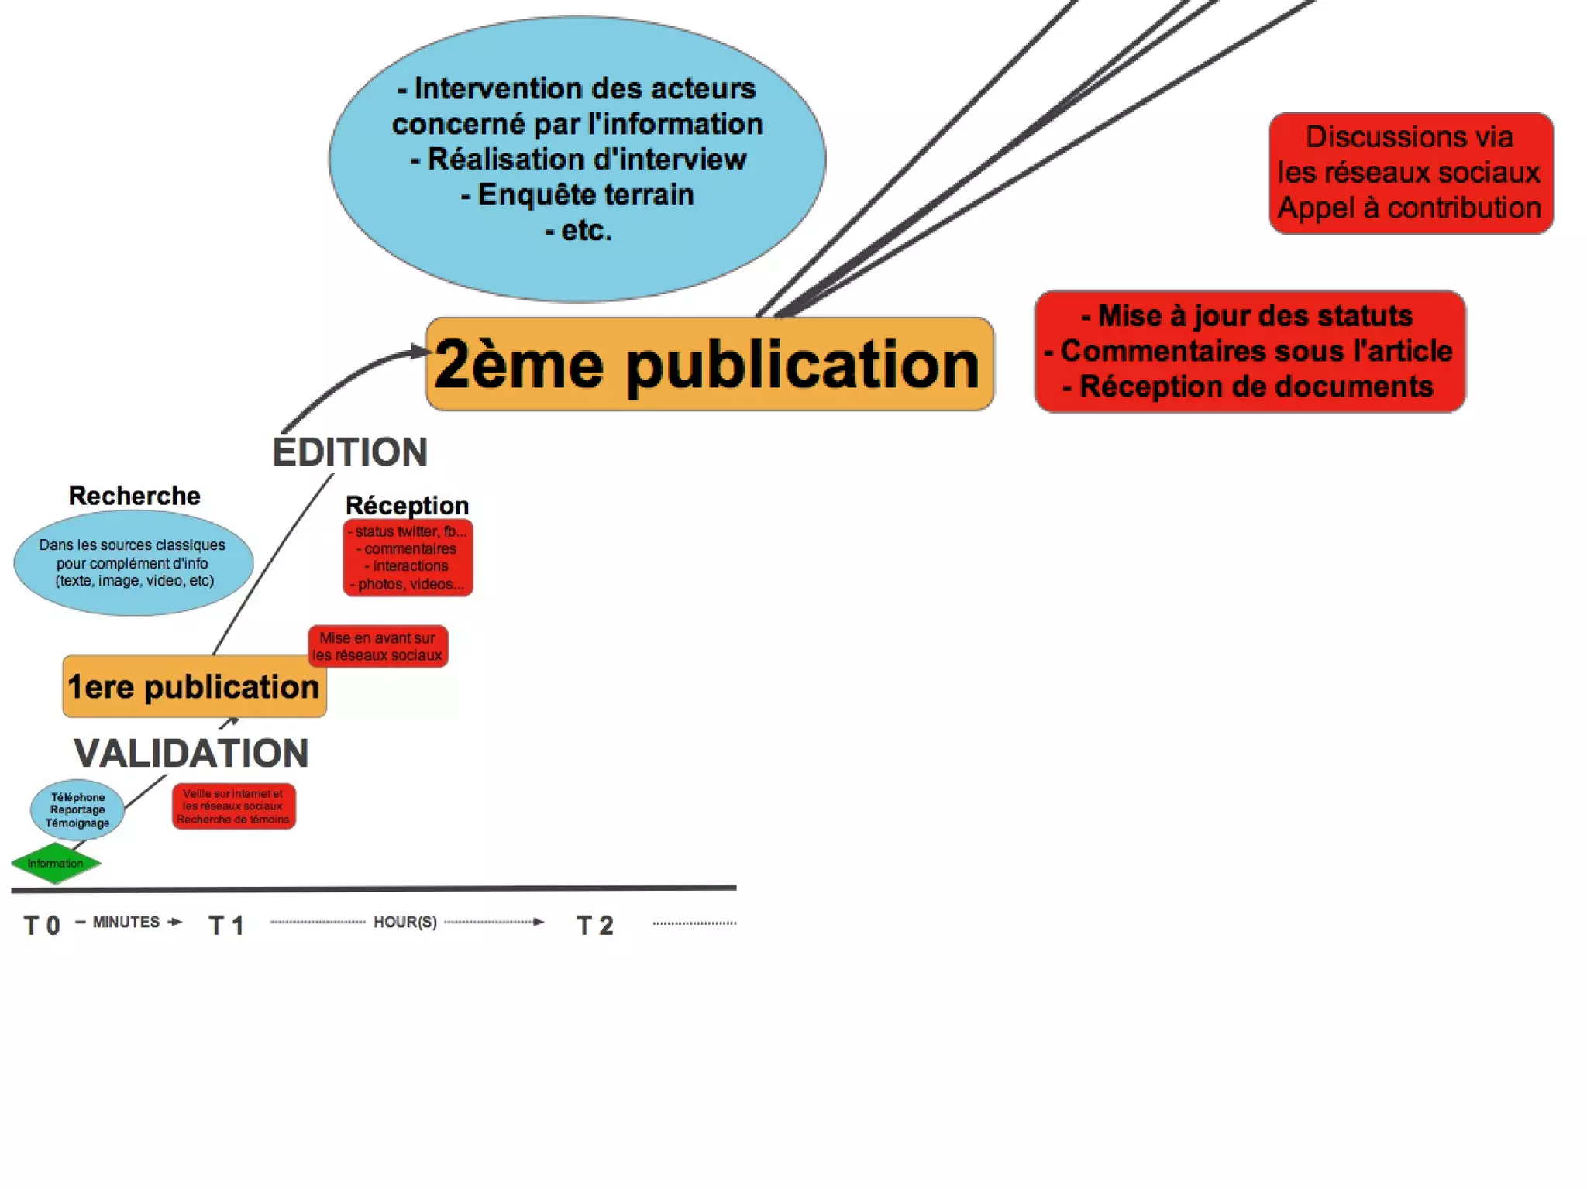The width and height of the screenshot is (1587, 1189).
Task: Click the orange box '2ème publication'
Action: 709,364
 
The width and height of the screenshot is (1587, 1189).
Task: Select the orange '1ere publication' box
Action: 194,686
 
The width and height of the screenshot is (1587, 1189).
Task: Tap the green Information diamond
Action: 56,863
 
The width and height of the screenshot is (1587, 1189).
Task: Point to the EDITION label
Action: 349,452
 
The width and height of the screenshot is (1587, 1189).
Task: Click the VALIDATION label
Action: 191,753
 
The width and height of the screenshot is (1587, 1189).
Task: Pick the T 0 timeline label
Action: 42,925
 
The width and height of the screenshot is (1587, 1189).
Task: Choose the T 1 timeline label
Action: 226,925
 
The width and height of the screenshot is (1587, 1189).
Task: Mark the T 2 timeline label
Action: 595,925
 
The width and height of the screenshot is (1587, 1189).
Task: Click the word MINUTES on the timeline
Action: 126,922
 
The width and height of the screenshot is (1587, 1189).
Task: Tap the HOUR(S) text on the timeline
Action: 404,922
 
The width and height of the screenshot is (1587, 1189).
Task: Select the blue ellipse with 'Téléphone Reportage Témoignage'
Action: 77,809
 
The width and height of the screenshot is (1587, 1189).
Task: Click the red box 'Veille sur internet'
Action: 233,806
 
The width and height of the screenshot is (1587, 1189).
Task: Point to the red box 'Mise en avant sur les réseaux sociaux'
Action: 377,646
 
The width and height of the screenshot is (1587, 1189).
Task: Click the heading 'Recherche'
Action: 134,496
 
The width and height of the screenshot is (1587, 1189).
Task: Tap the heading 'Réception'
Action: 407,505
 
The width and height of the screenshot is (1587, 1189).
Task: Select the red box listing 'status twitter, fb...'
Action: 408,558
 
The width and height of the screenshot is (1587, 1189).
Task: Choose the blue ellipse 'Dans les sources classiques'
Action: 133,563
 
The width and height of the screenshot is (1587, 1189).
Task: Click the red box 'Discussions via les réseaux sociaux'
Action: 1410,173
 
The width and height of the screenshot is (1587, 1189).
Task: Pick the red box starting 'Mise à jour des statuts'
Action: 1249,352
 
